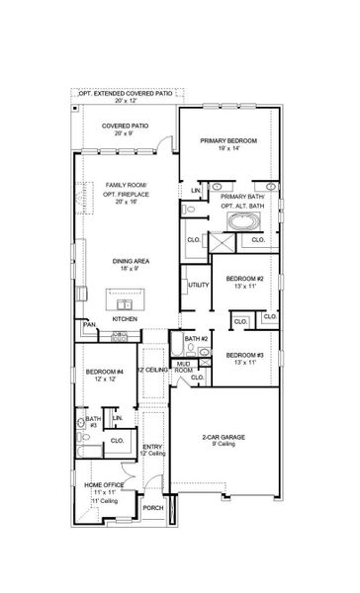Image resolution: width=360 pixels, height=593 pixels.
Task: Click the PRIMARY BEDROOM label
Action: click(228, 141)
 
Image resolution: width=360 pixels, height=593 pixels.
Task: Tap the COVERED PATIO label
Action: click(129, 127)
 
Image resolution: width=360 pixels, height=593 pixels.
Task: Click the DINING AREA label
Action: click(130, 261)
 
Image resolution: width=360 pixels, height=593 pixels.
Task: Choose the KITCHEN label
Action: click(124, 319)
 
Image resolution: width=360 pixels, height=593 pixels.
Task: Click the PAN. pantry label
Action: click(89, 323)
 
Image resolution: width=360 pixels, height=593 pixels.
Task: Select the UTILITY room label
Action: click(197, 285)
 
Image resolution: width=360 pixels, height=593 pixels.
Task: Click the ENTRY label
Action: click(152, 447)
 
